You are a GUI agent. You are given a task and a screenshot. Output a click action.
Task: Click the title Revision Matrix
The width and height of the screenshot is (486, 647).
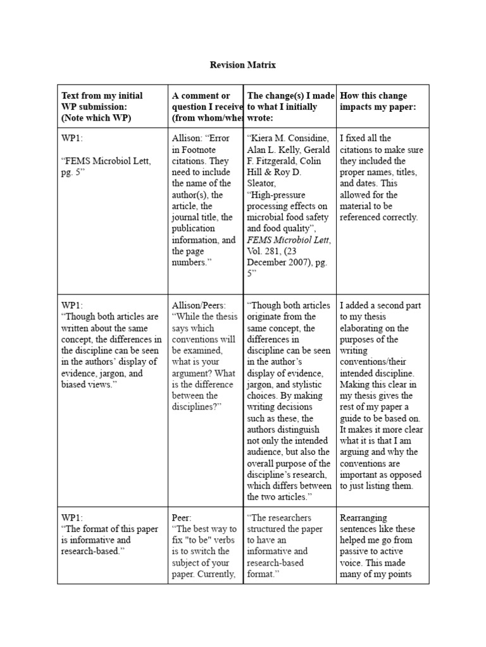click(x=242, y=65)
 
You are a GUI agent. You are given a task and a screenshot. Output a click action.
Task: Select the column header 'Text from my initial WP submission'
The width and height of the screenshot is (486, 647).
click(x=102, y=107)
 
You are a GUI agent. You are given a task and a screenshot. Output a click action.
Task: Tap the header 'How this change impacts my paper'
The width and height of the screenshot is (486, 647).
click(x=378, y=101)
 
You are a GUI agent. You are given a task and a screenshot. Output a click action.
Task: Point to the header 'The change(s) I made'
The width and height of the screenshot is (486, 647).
click(x=291, y=95)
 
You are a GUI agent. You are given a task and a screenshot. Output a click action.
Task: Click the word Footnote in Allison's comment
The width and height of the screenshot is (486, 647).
click(x=199, y=149)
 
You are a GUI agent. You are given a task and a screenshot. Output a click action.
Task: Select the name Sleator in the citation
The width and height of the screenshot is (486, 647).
click(x=262, y=183)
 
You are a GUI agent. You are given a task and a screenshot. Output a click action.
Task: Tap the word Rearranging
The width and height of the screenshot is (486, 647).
click(x=363, y=517)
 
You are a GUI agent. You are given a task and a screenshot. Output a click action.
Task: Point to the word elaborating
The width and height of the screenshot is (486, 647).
click(x=364, y=328)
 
